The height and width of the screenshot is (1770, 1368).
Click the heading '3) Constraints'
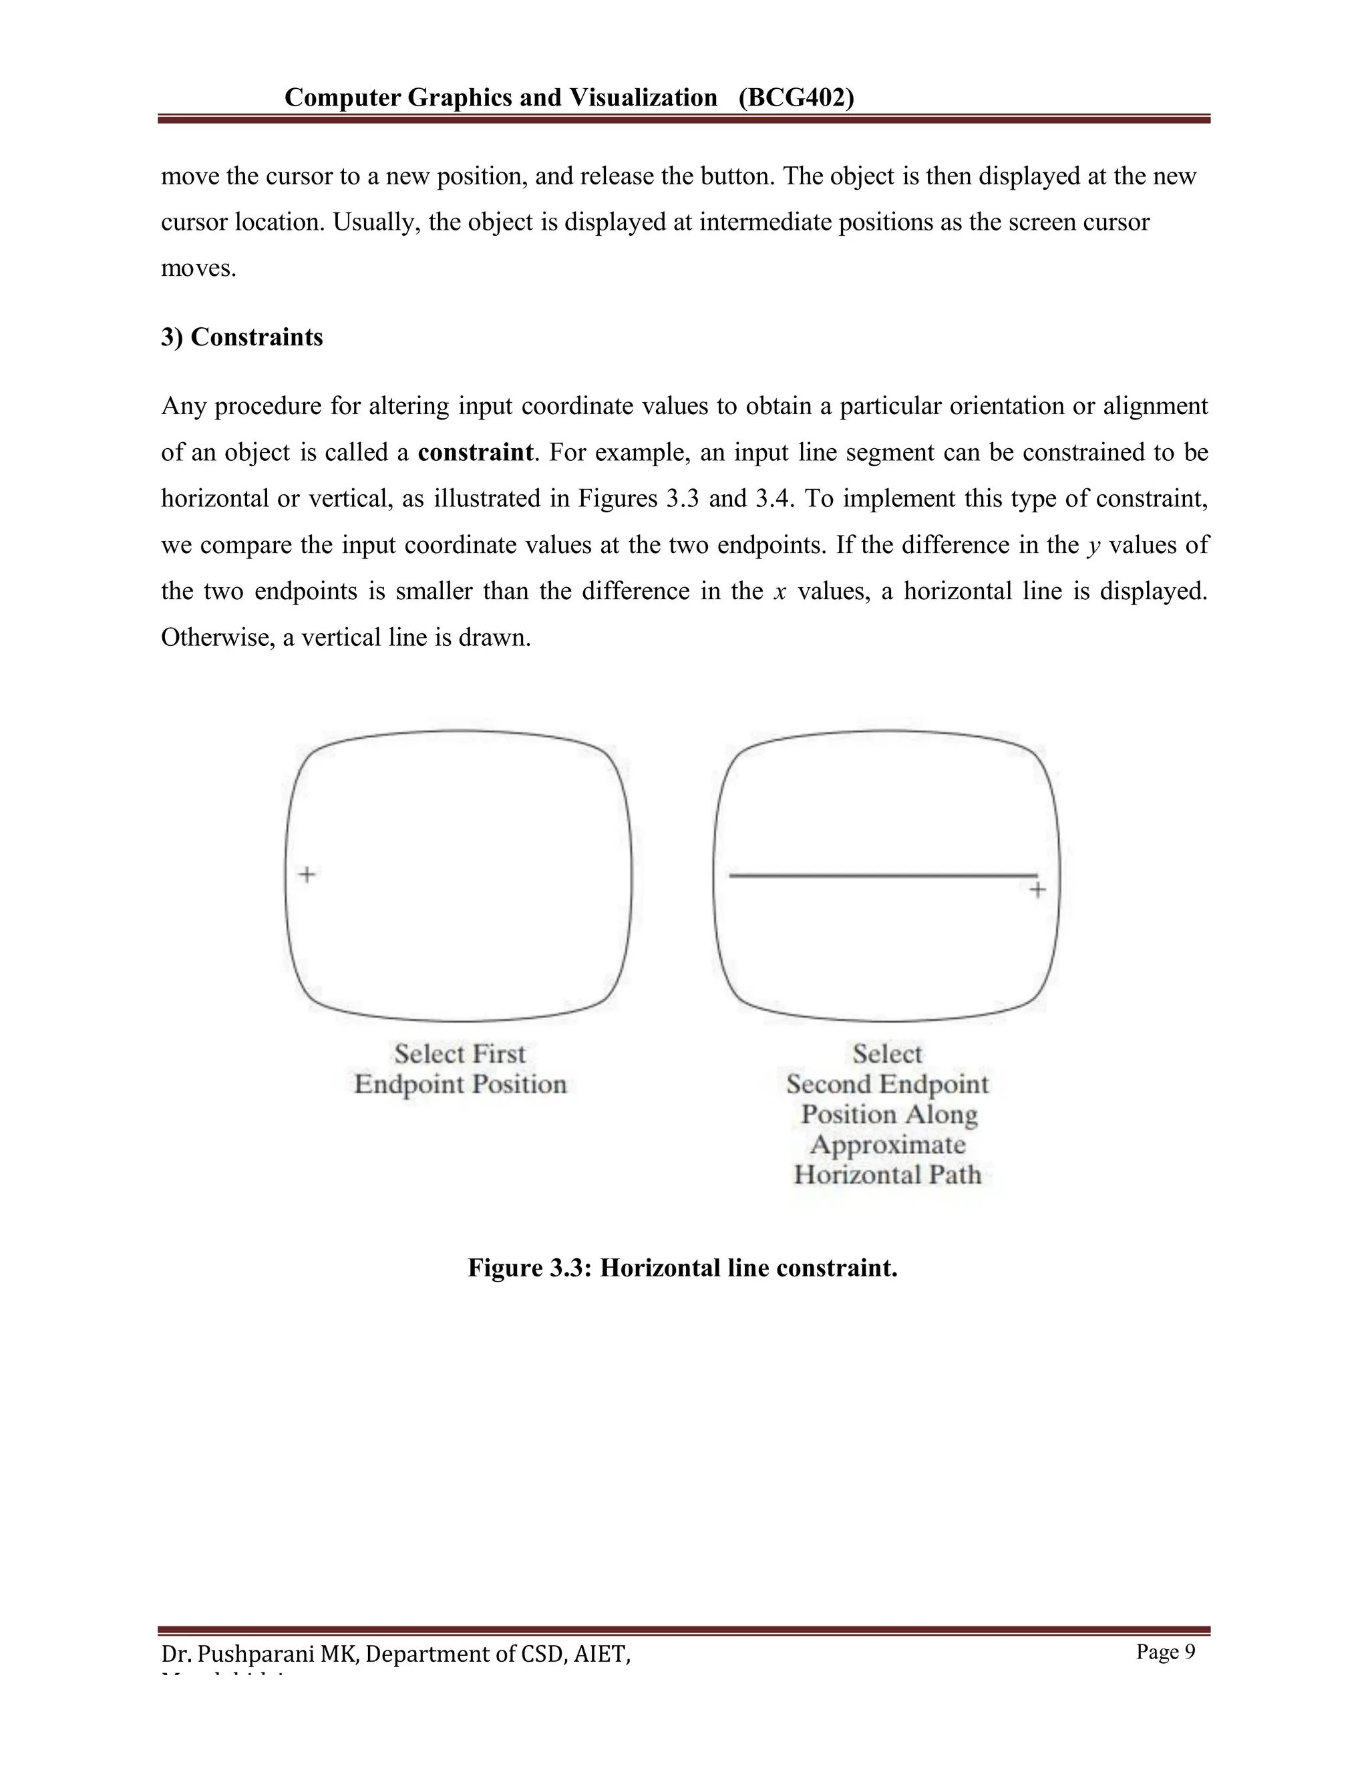coord(242,337)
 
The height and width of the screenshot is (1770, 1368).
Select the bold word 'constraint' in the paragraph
coord(476,452)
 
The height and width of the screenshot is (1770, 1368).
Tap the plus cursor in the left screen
coord(307,874)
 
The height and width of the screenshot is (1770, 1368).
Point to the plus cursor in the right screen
coord(1037,890)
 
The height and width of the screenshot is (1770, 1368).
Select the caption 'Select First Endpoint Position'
coord(460,1069)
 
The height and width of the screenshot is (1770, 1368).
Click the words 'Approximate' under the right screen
coord(888,1145)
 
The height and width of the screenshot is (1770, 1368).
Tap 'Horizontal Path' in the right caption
coord(888,1175)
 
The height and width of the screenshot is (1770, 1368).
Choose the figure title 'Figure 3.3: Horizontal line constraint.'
coord(683,1268)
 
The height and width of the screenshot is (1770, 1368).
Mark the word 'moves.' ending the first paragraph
coord(198,269)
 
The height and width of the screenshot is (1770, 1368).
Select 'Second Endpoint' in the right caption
coord(888,1084)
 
